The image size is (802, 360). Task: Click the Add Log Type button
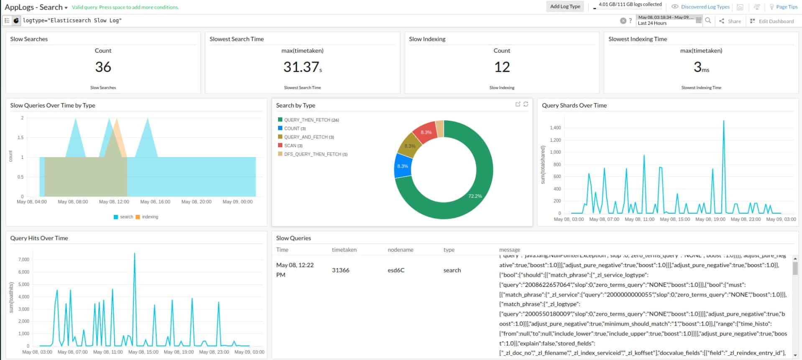pos(565,6)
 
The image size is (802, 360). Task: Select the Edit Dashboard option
pos(776,21)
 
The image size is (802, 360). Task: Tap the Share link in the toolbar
pos(734,21)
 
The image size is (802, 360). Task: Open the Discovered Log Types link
pos(705,7)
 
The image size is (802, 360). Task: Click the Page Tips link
pos(787,7)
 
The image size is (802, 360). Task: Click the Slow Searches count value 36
pos(103,67)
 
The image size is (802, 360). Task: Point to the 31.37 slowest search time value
pos(301,67)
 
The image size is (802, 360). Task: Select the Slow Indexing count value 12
pos(502,67)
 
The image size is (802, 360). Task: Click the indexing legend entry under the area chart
pos(150,217)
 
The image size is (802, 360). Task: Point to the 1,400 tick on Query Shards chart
pos(555,128)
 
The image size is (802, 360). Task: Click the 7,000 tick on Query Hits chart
pos(24,260)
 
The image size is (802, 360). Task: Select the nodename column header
pos(400,250)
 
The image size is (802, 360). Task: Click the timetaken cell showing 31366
pos(340,270)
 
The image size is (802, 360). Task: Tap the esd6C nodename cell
pos(396,270)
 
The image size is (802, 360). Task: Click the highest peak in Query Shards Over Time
pos(723,122)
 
